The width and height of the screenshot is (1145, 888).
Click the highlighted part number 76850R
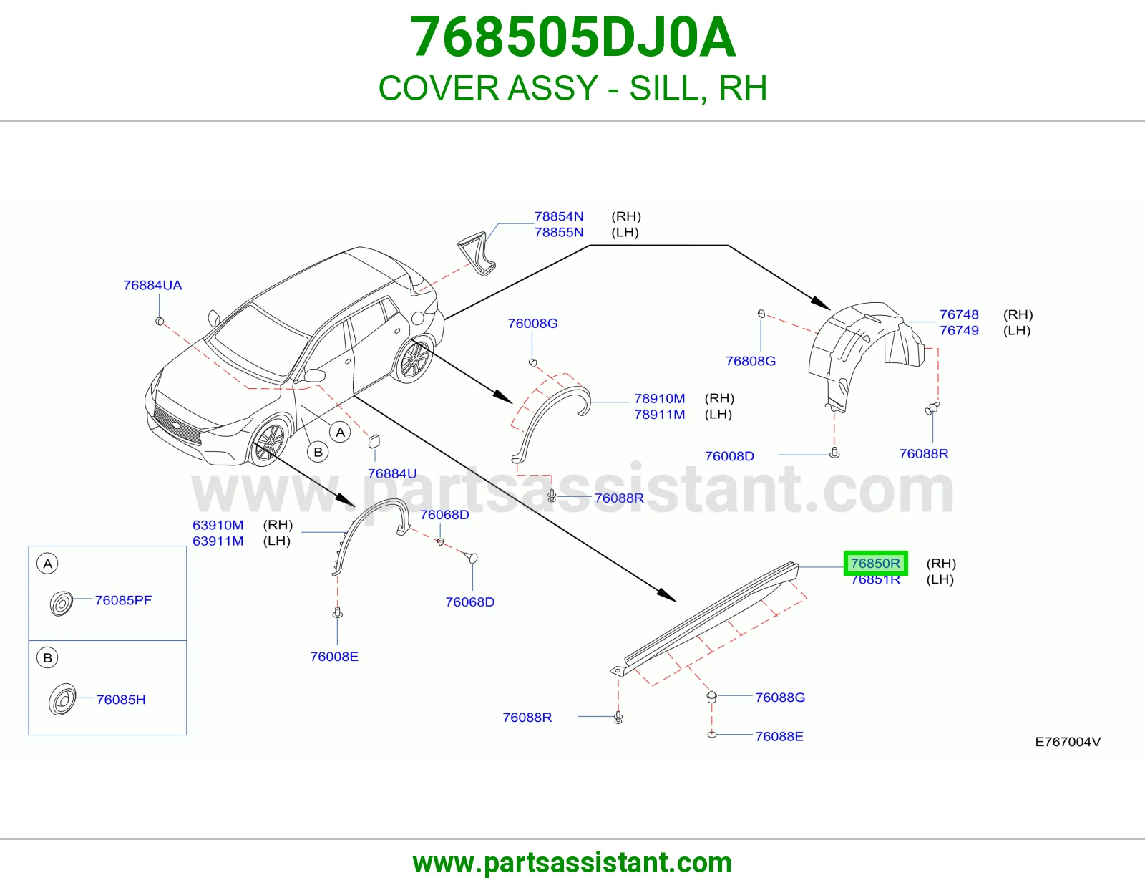875,563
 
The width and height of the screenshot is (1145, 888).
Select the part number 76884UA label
152,285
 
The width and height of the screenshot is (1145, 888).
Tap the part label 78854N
558,216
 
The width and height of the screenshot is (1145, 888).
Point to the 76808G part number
751,361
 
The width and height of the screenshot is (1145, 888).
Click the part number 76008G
532,323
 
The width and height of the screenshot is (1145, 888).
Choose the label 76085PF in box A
123,600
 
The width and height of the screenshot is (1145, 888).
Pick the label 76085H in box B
121,700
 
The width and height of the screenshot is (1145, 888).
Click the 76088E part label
779,737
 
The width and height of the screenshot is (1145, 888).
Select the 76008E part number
334,657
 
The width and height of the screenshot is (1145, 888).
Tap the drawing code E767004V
1068,742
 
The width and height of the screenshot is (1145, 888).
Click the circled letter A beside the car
341,433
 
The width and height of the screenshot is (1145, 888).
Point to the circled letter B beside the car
318,452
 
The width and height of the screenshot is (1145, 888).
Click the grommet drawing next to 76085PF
61,604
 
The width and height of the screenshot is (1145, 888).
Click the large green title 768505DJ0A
572,37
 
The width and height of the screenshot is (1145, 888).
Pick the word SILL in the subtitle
668,88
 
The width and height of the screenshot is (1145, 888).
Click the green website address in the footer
572,863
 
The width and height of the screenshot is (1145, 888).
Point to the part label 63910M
218,525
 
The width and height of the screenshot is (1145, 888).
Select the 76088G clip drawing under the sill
711,697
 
